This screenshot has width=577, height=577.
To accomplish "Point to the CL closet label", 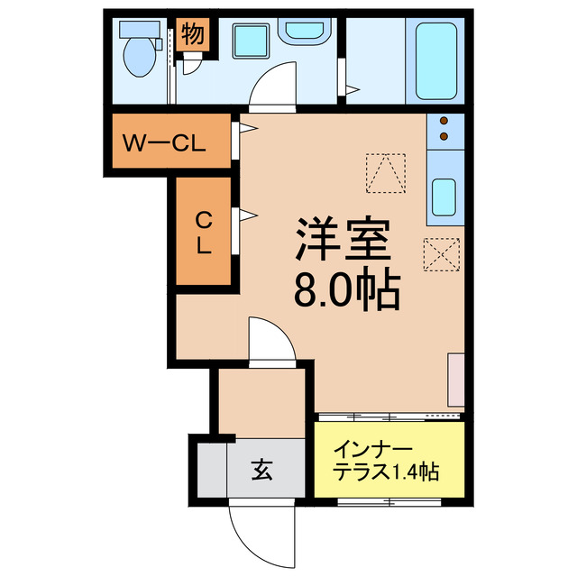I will (205, 232).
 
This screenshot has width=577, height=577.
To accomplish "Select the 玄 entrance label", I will (261, 471).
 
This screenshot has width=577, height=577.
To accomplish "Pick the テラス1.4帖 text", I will (387, 472).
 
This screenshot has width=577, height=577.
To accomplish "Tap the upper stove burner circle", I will (444, 121).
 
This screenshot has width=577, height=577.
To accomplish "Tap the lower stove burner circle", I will (444, 137).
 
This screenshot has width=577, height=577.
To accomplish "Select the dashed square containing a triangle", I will (385, 172).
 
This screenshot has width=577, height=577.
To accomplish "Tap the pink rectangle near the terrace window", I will (455, 380).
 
